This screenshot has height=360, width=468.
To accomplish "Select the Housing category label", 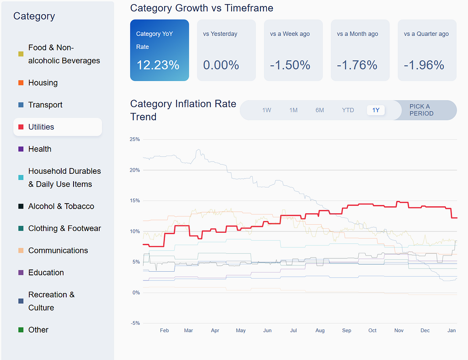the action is click(x=43, y=83).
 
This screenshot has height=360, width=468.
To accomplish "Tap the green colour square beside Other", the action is click(x=21, y=330).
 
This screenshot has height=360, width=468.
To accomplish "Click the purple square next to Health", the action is click(x=21, y=149).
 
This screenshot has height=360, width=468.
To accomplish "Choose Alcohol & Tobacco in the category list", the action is click(x=61, y=206).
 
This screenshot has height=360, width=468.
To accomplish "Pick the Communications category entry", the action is click(x=58, y=251).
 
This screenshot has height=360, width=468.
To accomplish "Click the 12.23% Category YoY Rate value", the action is click(x=158, y=65).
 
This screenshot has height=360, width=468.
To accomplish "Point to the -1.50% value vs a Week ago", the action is click(x=290, y=65).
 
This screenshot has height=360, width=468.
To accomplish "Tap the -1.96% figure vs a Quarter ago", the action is click(x=424, y=65).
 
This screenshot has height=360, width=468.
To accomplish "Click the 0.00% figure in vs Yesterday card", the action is click(x=221, y=65).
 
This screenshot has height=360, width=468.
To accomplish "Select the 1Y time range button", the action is click(x=376, y=110).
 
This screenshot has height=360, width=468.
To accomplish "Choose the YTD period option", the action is click(x=348, y=110).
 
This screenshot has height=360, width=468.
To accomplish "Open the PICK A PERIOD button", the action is click(x=421, y=110).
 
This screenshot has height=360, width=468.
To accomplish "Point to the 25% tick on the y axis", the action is click(x=135, y=139).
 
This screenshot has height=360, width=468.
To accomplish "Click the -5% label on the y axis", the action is click(x=135, y=323).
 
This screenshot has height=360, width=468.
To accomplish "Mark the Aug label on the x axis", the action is click(x=320, y=330).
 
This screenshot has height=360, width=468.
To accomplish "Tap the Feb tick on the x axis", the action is click(x=165, y=330).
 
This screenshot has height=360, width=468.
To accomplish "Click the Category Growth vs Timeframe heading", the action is click(x=202, y=8).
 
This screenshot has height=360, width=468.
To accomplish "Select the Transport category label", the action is click(x=45, y=105).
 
